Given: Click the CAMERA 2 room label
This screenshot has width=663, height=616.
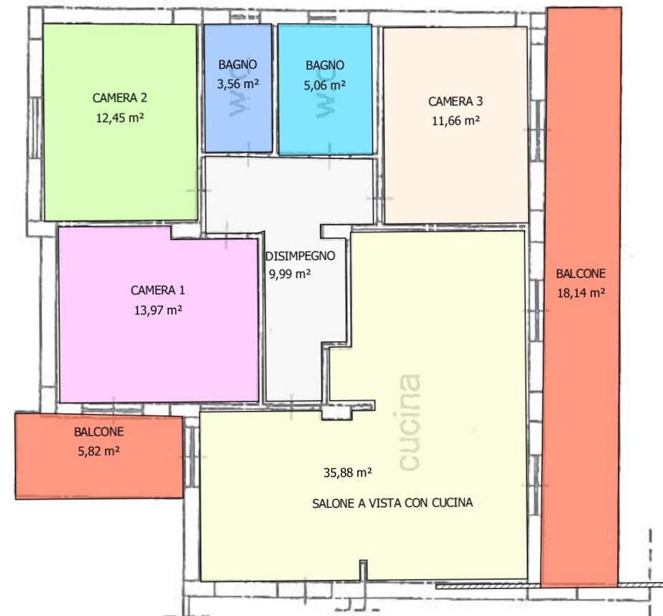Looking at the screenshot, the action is pyautogui.click(x=120, y=97).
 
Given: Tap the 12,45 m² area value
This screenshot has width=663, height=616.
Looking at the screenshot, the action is pyautogui.click(x=120, y=117).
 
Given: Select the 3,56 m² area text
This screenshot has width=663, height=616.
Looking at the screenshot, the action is pyautogui.click(x=238, y=85).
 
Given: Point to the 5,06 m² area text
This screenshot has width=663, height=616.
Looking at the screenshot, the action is pyautogui.click(x=325, y=85).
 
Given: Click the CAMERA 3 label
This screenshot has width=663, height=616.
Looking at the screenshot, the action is pyautogui.click(x=455, y=102).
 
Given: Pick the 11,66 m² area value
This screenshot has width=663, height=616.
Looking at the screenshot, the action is pyautogui.click(x=456, y=121).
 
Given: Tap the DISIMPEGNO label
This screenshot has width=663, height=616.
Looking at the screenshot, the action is pyautogui.click(x=300, y=256).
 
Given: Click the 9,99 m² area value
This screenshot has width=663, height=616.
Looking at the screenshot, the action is pyautogui.click(x=290, y=274).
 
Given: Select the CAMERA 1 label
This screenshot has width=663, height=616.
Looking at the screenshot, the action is pyautogui.click(x=158, y=290).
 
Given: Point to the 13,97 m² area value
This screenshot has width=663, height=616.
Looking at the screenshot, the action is pyautogui.click(x=158, y=311).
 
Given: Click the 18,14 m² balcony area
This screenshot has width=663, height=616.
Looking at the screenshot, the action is pyautogui.click(x=581, y=293).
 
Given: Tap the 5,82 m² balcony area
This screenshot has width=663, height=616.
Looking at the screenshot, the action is pyautogui.click(x=99, y=451).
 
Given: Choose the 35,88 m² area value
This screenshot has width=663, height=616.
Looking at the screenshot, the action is pyautogui.click(x=347, y=473).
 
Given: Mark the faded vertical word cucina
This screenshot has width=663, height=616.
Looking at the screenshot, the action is pyautogui.click(x=410, y=422).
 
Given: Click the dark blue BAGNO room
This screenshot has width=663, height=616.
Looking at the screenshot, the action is pyautogui.click(x=238, y=88).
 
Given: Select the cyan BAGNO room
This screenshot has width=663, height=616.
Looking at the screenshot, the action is pyautogui.click(x=325, y=90).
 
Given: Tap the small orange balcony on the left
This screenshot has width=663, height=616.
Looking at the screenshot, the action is pyautogui.click(x=99, y=456).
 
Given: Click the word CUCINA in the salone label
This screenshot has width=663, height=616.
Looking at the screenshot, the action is pyautogui.click(x=452, y=503).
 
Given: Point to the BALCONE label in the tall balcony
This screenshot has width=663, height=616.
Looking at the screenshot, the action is pyautogui.click(x=581, y=274).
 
